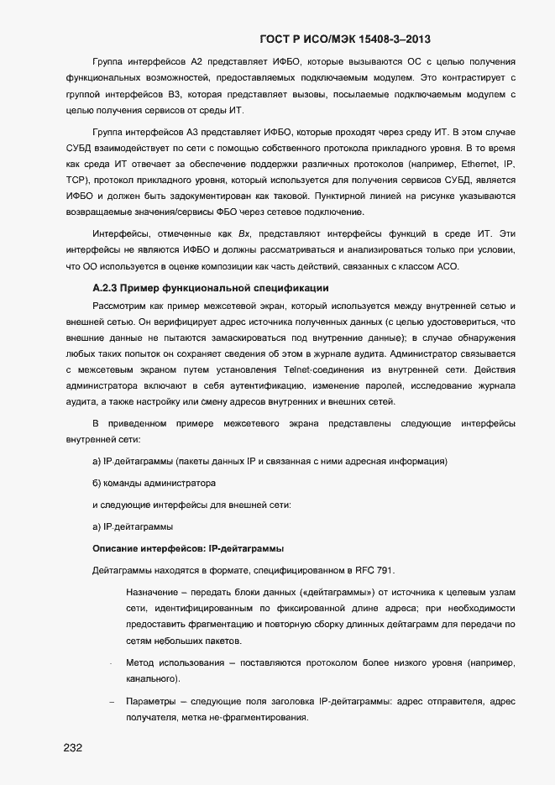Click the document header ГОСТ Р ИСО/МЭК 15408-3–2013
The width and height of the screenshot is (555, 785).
click(346, 39)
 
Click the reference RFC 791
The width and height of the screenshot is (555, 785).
click(372, 570)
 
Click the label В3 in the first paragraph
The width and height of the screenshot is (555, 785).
click(175, 95)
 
